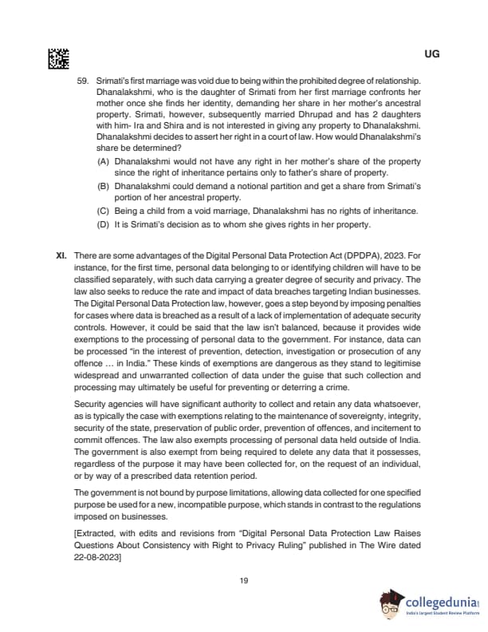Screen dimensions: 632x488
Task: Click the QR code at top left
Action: coord(58,57)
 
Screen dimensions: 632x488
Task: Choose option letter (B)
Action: coord(104,186)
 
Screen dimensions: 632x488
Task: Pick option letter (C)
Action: coord(104,211)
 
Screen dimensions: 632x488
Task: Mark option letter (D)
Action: coord(104,224)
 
